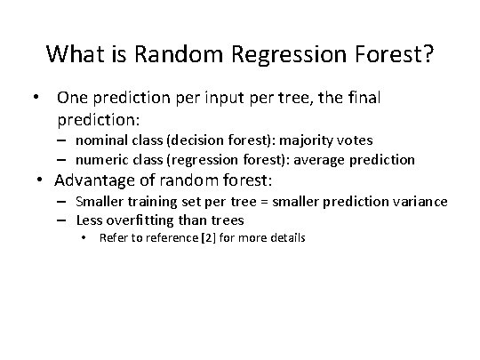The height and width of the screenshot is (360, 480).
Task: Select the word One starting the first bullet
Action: pyautogui.click(x=74, y=97)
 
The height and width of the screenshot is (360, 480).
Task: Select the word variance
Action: pyautogui.click(x=420, y=202)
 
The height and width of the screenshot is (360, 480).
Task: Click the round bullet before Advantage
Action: pyautogui.click(x=42, y=181)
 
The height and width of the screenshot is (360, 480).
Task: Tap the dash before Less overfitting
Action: pyautogui.click(x=64, y=220)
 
